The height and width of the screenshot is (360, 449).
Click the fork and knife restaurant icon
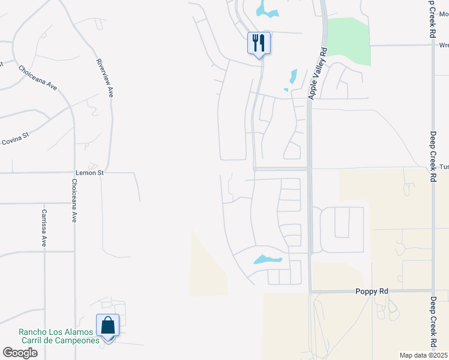pos(259,43)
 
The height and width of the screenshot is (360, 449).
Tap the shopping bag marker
pos(108,326)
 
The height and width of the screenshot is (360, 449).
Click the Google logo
pos(20,353)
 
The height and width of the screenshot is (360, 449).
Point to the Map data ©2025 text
pos(423,355)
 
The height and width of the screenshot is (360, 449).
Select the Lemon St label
pos(89,173)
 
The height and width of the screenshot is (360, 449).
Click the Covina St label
pos(15,142)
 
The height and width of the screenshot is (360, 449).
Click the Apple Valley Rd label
pos(318,73)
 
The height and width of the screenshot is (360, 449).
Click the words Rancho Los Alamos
pos(56,332)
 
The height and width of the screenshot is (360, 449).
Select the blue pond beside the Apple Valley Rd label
pos(292,77)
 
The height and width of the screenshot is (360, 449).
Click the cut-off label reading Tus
pos(444,167)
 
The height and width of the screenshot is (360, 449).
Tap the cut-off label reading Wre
pos(444,45)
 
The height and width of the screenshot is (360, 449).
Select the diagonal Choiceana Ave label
pos(38,78)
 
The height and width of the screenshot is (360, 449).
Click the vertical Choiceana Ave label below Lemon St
pos(74,201)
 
